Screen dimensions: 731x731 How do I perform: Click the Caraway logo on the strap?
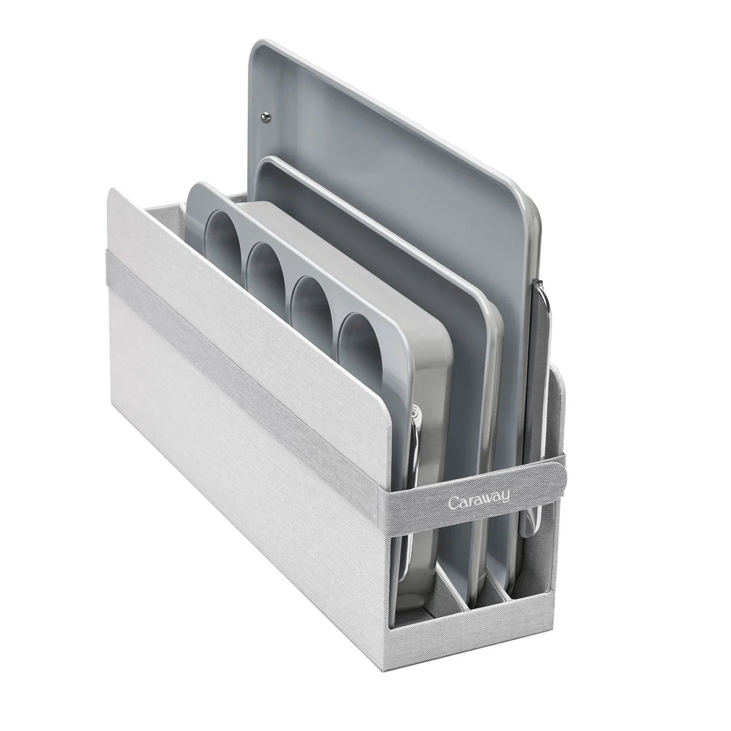(478, 500)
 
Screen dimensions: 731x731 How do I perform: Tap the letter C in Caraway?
(453, 503)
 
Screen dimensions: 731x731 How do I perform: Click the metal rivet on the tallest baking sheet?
(267, 116)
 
